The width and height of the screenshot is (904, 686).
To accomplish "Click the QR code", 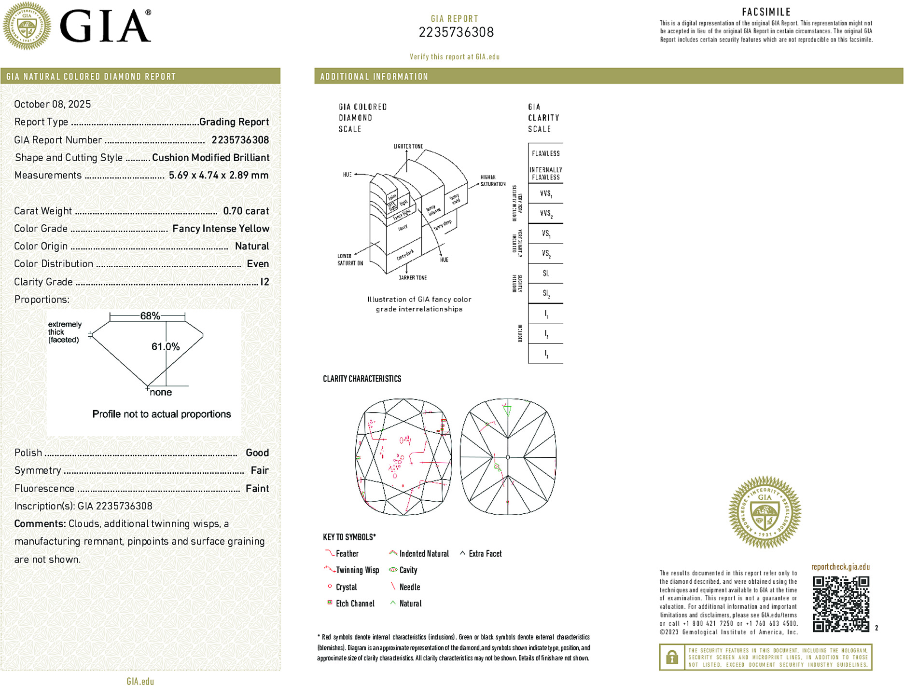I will tap(840, 604).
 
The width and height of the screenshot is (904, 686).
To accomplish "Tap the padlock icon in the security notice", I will tap(672, 657).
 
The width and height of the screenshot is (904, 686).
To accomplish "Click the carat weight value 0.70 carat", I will tap(246, 211).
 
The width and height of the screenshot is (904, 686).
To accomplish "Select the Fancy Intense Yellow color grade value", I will tap(221, 229).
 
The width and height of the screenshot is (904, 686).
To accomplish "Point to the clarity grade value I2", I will tap(264, 282).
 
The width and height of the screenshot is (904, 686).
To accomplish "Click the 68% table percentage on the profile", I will tap(150, 316).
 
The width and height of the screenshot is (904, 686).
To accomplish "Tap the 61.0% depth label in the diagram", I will tap(165, 346).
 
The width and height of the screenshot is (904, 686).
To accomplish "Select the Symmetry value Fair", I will tap(259, 470).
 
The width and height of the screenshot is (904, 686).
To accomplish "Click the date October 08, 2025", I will tap(53, 104).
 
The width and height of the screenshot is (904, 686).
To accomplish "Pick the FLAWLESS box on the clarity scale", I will tap(545, 153).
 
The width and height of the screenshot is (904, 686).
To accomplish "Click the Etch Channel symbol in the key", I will tap(330, 603).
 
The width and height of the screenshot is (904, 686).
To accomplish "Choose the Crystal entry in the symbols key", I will tap(346, 587).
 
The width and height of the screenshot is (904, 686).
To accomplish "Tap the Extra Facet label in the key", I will tap(485, 554).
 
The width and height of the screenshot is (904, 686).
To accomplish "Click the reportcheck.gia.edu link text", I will tap(840, 567).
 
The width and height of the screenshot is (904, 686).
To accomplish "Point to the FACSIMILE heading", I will tap(766, 12).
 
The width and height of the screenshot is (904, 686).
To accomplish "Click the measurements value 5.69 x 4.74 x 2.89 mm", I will tap(218, 175).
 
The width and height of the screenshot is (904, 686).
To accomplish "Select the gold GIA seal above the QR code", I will tap(765, 512).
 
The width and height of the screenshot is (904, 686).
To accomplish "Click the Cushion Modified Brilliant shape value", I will tap(210, 158).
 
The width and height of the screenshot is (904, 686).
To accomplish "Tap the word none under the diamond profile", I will tap(161, 392).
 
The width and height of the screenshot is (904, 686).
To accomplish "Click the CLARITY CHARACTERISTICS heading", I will tap(362, 379).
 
